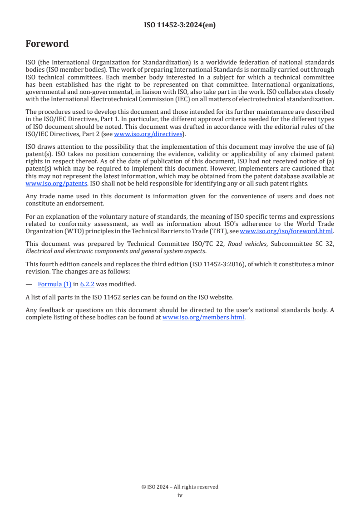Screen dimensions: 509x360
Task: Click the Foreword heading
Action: coord(47,44)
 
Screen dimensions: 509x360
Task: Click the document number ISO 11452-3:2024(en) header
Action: coord(180,25)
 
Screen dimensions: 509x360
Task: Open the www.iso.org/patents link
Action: coord(44,184)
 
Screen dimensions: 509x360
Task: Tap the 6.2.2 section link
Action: coord(87,284)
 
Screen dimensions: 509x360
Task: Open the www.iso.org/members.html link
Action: coord(203,318)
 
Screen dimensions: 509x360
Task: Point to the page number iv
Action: coord(180,495)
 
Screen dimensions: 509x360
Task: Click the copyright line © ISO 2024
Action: coord(180,487)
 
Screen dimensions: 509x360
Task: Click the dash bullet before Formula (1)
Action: coord(29,284)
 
